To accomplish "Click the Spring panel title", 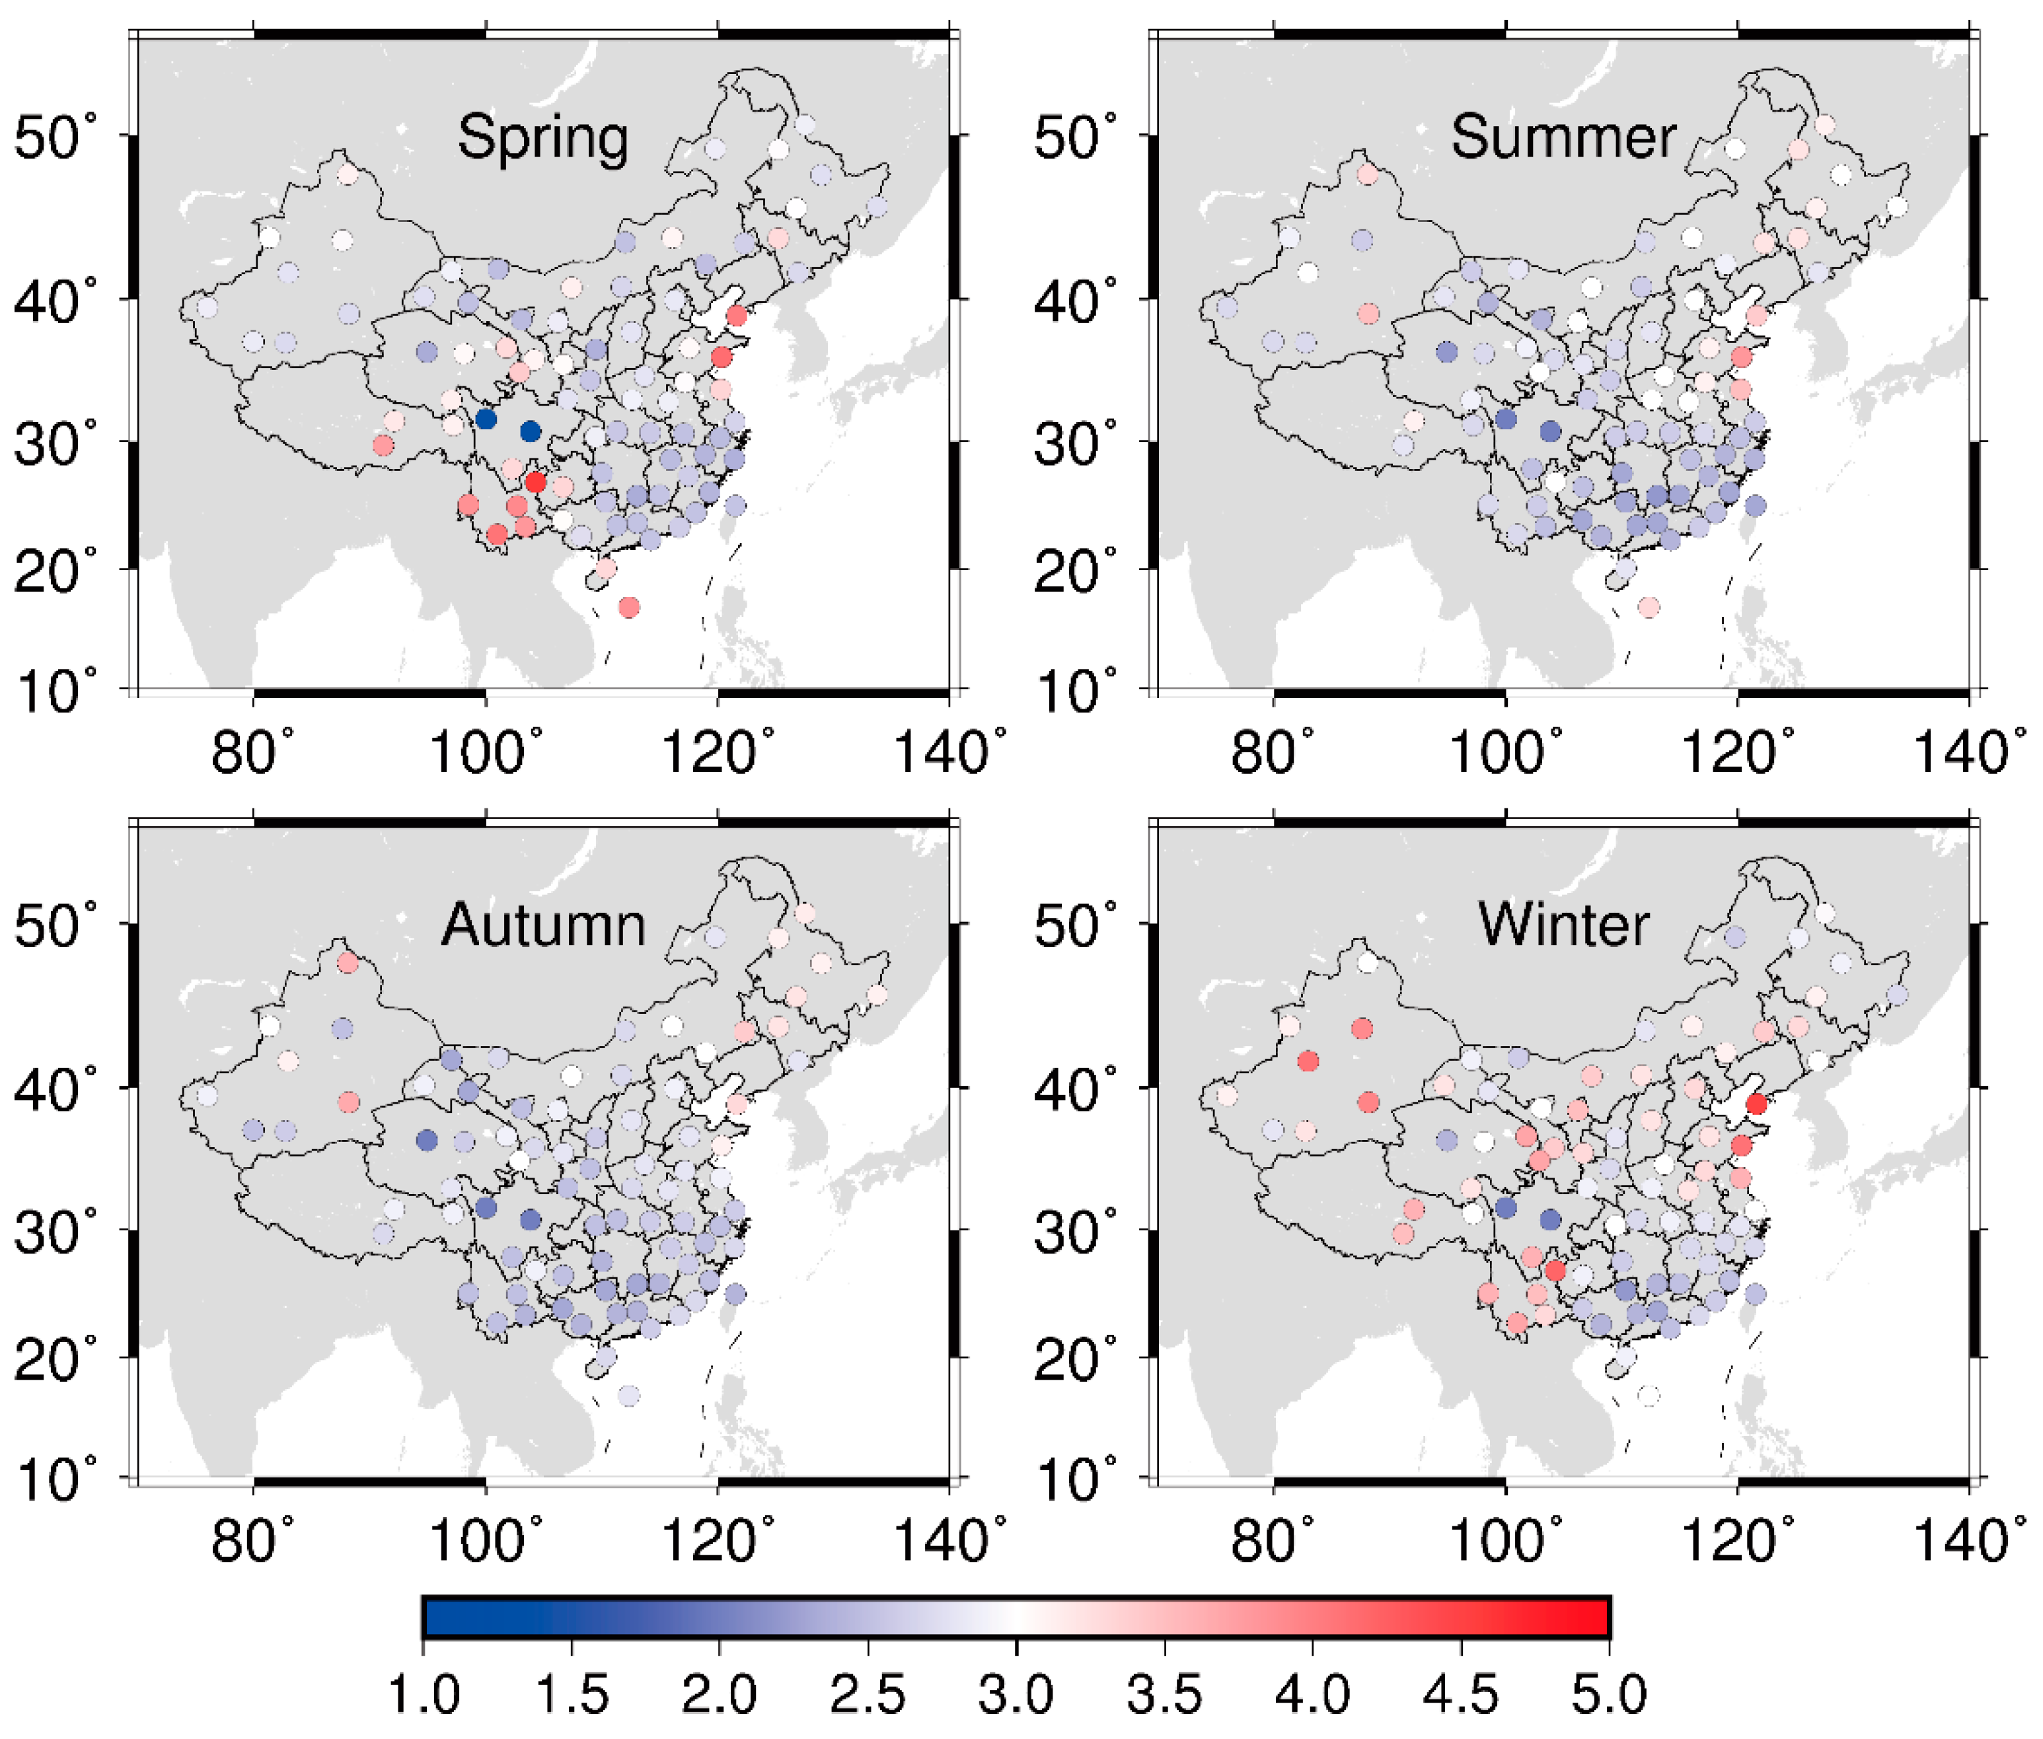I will coord(542,138).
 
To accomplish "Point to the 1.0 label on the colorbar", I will coord(424,1695).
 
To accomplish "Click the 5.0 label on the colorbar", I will coord(1609,1695).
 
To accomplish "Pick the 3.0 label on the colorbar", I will coord(1017,1695).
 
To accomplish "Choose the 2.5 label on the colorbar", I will coord(868,1695).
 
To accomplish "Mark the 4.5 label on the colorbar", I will coord(1462,1695).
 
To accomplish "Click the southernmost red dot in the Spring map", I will coord(628,607).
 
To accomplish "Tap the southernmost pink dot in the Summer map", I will coord(1649,607).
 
